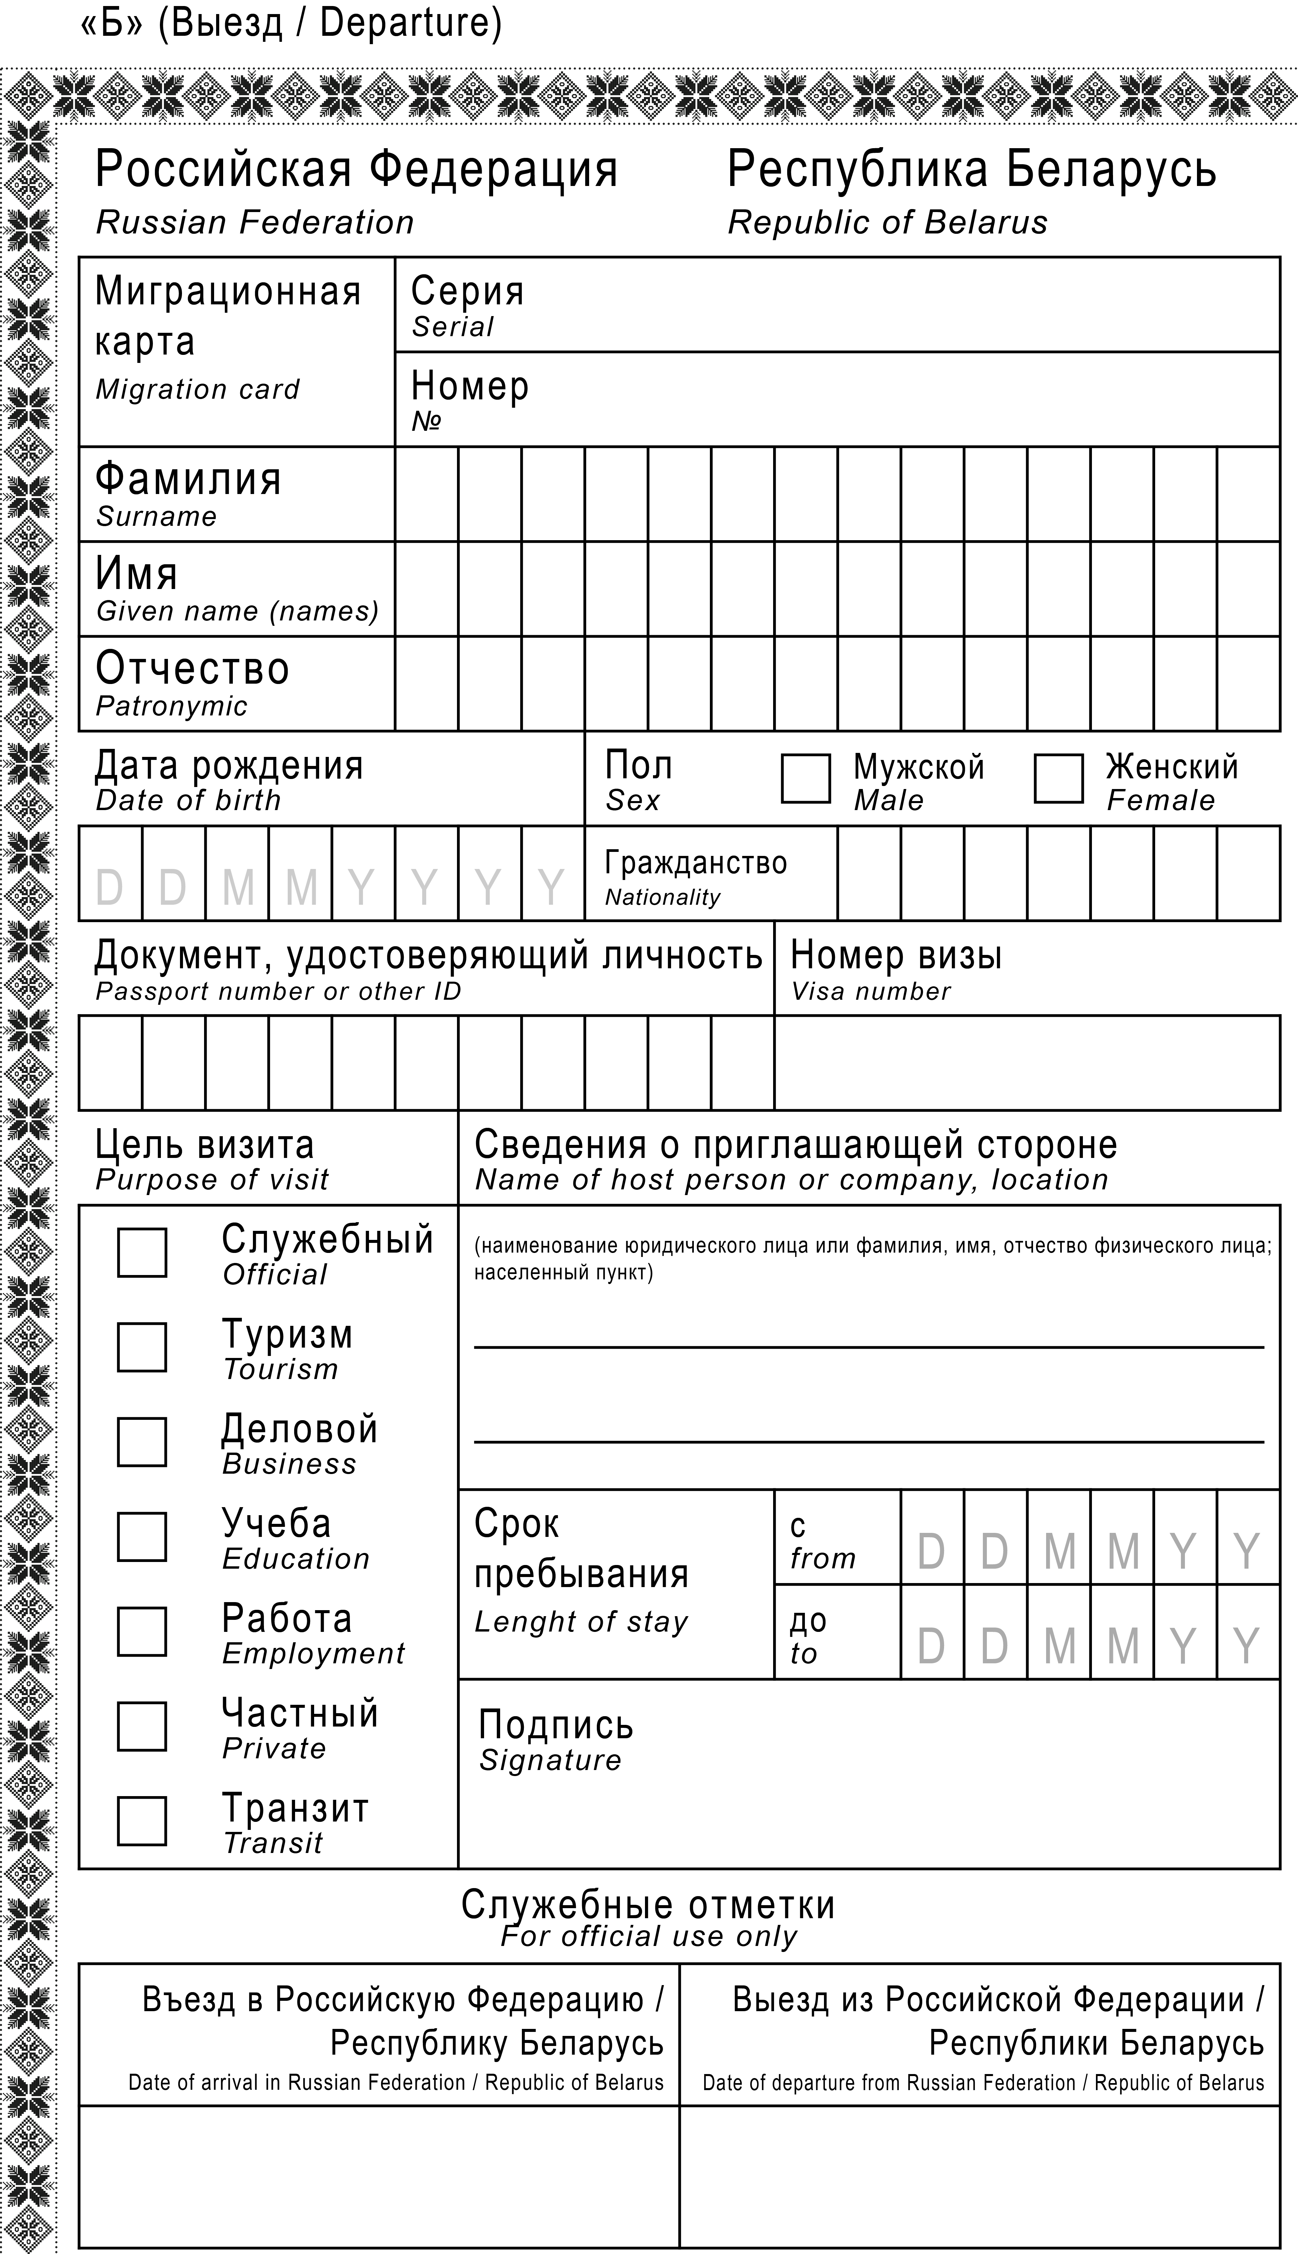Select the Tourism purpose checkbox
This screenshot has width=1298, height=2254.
(142, 1347)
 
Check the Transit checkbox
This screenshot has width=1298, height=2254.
(142, 1820)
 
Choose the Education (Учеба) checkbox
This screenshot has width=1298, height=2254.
(142, 1537)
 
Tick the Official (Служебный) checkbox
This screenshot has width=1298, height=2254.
(142, 1252)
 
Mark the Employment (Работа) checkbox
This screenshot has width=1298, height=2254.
(142, 1631)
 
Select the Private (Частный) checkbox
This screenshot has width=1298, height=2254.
(142, 1726)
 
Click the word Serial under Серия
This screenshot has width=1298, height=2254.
(452, 327)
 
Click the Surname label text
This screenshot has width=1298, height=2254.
(156, 517)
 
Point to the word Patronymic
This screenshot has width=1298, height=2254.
(171, 707)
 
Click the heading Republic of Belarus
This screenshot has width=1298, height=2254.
(887, 223)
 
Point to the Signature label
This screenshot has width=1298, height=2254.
(550, 1760)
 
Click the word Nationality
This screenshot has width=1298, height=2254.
(662, 897)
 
